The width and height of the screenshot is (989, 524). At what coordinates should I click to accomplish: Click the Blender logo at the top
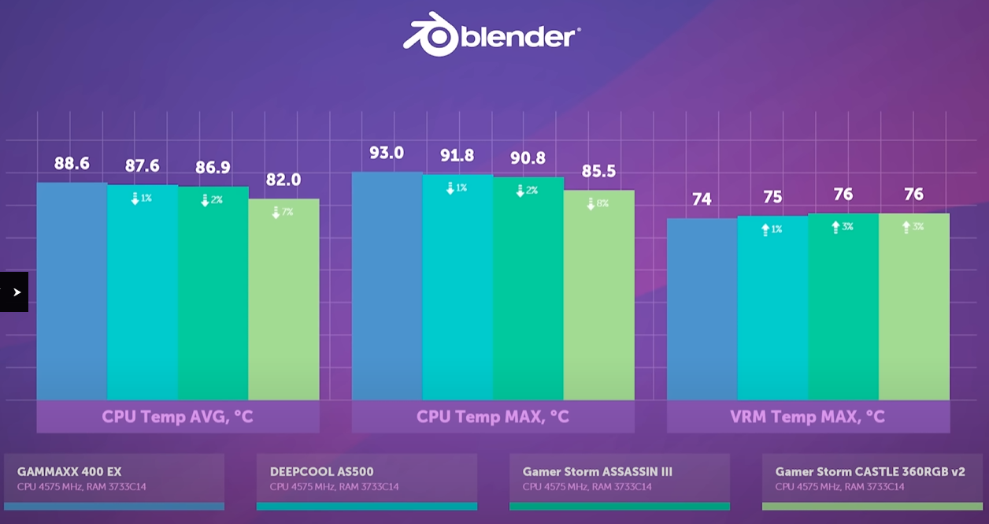[x=493, y=36]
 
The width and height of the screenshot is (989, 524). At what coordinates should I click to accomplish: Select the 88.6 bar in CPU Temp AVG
[x=72, y=292]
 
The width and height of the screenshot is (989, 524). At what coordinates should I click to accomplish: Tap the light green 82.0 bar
[x=283, y=299]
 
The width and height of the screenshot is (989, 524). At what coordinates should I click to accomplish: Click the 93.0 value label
[x=387, y=153]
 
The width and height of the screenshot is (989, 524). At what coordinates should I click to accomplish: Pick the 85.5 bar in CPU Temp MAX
[x=598, y=295]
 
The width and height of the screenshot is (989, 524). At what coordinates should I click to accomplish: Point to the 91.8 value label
[x=457, y=156]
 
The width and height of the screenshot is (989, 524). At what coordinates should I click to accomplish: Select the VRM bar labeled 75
[x=772, y=307]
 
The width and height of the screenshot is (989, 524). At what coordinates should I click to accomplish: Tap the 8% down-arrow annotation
[x=598, y=203]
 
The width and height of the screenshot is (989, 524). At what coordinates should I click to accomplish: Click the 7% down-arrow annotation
[x=283, y=212]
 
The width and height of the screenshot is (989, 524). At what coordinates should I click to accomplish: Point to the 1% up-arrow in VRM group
[x=772, y=229]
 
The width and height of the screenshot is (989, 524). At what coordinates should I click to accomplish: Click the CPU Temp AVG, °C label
[x=178, y=416]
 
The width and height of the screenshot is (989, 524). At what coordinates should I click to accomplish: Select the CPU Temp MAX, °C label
[x=493, y=416]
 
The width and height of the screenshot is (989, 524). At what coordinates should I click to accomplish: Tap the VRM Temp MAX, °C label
[x=808, y=416]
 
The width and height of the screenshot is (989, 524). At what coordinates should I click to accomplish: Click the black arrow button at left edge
[x=14, y=292]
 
